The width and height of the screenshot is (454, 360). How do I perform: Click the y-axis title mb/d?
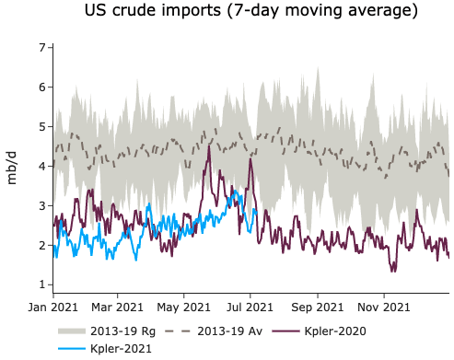(x=13, y=166)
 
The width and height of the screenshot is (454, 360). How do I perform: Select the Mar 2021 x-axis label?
(x=118, y=306)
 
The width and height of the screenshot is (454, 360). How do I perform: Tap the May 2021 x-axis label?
(x=184, y=306)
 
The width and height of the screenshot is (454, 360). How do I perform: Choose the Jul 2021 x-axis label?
(x=250, y=306)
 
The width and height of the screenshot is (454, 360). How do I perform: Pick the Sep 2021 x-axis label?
(x=318, y=306)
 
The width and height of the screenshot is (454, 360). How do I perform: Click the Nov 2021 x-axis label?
(x=384, y=306)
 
